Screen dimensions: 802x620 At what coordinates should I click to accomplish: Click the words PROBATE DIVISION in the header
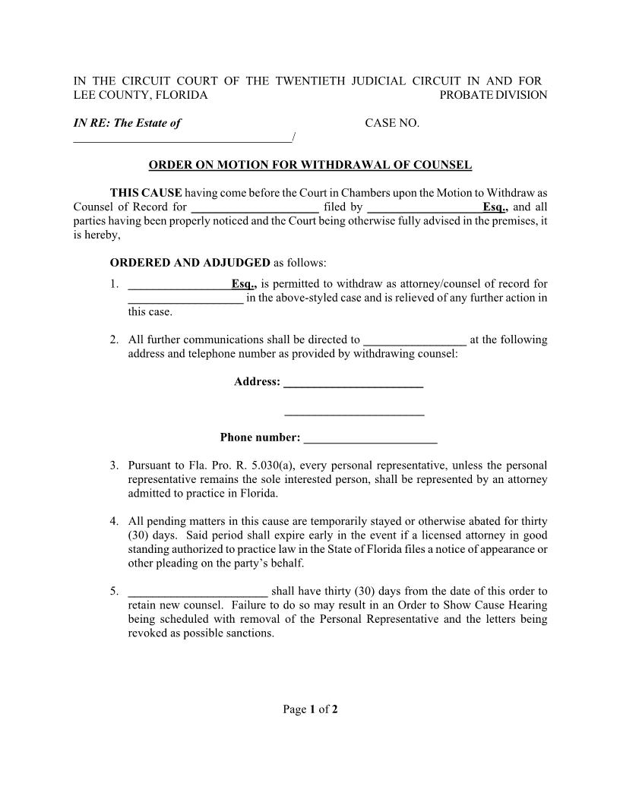click(x=493, y=95)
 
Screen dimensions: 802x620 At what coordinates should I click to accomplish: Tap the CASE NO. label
click(x=392, y=123)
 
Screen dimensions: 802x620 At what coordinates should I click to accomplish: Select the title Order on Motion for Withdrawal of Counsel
click(x=310, y=165)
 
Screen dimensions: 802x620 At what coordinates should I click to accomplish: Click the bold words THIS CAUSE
click(x=146, y=193)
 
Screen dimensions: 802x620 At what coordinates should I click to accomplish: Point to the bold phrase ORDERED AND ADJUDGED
click(x=190, y=263)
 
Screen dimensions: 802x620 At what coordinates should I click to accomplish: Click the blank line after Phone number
click(x=370, y=439)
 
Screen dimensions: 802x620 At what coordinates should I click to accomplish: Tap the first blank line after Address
click(x=353, y=384)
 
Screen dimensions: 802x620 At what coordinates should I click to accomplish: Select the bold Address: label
click(x=257, y=381)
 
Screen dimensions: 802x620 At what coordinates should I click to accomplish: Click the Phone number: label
click(x=260, y=437)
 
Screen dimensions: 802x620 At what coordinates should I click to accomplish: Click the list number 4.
click(x=114, y=522)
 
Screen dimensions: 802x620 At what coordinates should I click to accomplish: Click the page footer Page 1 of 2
click(x=310, y=709)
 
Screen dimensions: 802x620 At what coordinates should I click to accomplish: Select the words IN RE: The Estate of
click(x=127, y=123)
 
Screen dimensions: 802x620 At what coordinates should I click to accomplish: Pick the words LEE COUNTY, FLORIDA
click(x=140, y=95)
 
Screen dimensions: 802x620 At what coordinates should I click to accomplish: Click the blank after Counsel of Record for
click(x=255, y=208)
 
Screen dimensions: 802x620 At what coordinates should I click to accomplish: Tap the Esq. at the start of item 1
click(x=244, y=284)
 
